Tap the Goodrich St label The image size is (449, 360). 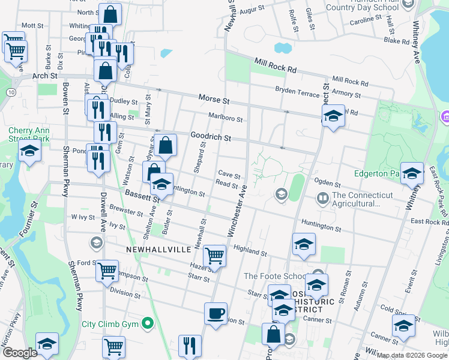tap(211, 137)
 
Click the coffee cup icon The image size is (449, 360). tap(215, 313)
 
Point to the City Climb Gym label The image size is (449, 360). tap(110, 324)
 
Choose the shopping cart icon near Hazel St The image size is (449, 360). tap(214, 256)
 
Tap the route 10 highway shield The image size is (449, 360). tap(11, 92)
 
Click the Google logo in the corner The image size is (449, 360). tap(20, 352)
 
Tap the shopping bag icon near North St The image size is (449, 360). tap(110, 14)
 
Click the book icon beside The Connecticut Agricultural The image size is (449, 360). tap(322, 197)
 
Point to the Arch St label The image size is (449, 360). tap(44, 76)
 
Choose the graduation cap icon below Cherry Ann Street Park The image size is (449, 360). tap(28, 153)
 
